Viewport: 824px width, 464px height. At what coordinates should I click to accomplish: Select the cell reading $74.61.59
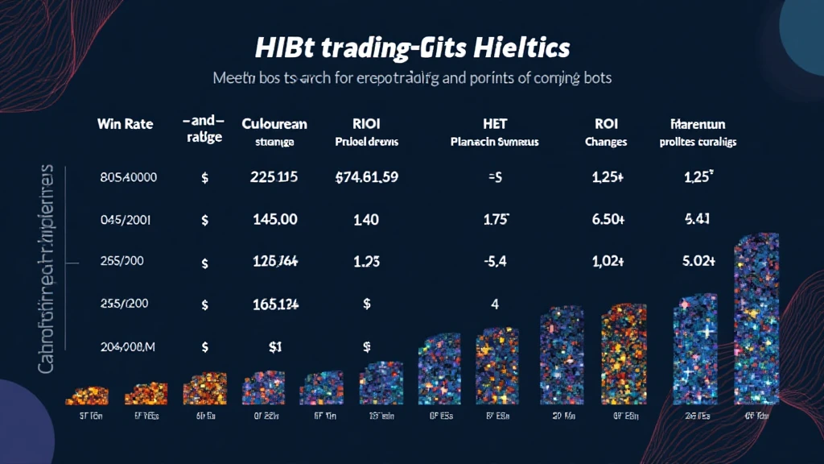[x=366, y=177]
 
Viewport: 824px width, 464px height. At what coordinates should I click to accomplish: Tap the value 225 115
[x=270, y=177]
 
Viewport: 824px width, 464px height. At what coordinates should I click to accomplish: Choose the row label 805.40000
[x=128, y=177]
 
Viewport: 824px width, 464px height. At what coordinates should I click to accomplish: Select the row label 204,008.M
[x=128, y=346]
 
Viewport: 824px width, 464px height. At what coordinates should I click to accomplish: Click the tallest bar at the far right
[x=756, y=322]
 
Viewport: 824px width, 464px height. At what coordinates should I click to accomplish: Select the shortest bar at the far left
[x=86, y=395]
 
